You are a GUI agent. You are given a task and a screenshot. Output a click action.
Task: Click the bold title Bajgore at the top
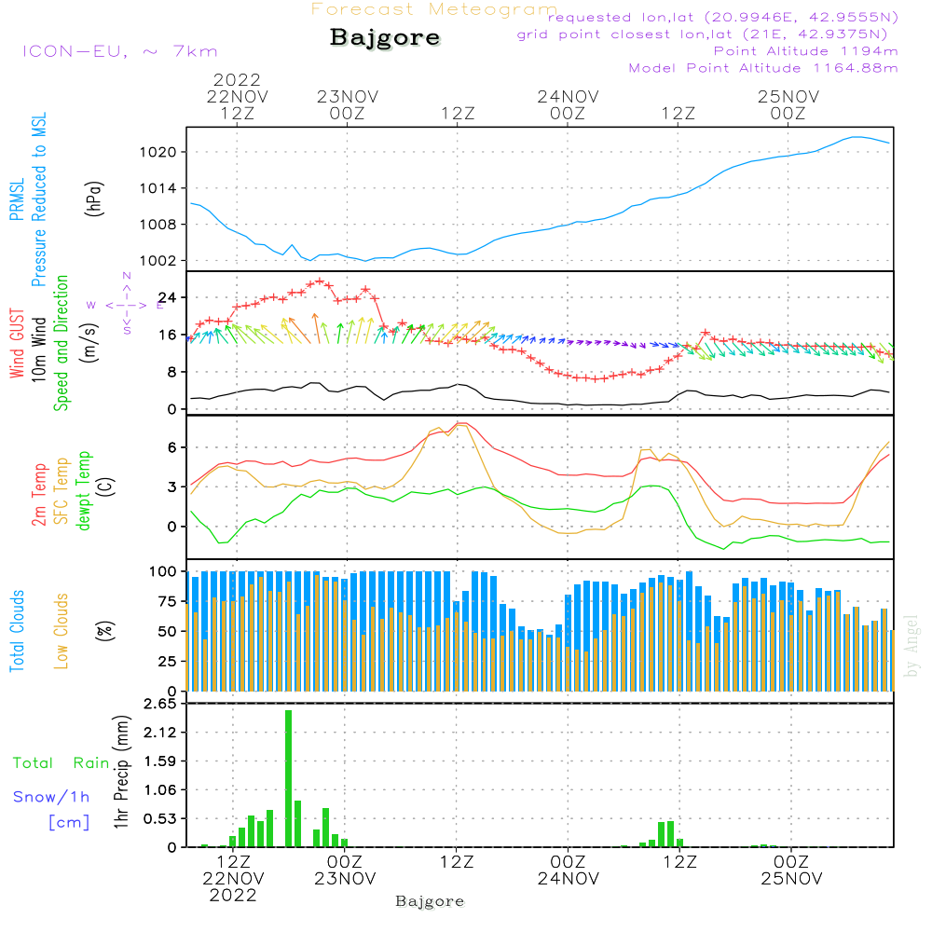coord(385,39)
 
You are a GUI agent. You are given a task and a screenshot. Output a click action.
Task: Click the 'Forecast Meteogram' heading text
coord(434,10)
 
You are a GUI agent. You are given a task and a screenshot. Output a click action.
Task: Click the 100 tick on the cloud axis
coord(164,571)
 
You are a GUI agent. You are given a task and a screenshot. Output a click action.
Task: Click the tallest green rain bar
coord(289,778)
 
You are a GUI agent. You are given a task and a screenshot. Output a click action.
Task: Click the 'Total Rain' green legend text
coord(61,763)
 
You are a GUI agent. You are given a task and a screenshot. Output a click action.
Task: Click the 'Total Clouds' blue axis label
coord(17,631)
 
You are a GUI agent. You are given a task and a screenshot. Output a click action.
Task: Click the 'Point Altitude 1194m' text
coord(805,51)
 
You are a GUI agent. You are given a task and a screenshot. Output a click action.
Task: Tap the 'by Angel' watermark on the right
coord(912,646)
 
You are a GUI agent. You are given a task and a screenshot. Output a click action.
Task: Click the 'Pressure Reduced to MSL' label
coord(39,199)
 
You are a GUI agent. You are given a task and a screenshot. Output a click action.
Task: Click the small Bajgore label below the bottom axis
coord(430,901)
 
